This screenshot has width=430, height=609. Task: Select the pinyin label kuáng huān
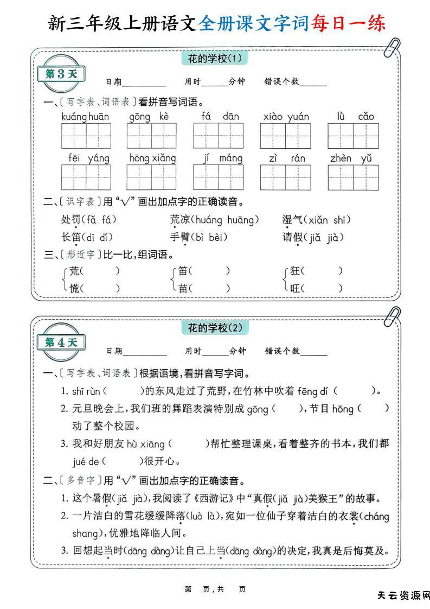(85, 117)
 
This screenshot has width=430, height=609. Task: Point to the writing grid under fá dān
(219, 136)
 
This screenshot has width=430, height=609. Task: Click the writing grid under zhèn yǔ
(353, 177)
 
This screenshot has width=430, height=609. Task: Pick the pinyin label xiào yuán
(286, 117)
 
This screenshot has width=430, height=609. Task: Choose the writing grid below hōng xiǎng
(152, 177)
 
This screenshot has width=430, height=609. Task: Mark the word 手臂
(180, 237)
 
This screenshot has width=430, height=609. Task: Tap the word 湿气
(292, 220)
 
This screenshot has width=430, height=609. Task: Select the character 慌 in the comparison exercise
(75, 288)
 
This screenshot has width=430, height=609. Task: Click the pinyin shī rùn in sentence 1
(86, 391)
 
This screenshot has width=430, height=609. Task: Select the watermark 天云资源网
(403, 595)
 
